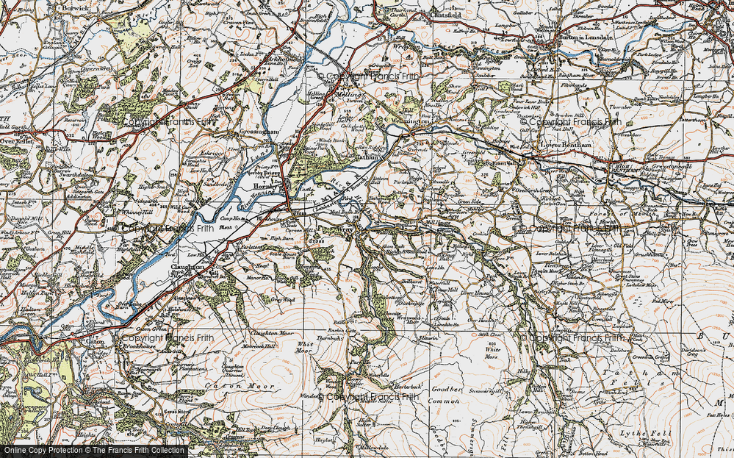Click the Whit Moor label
[304, 348]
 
